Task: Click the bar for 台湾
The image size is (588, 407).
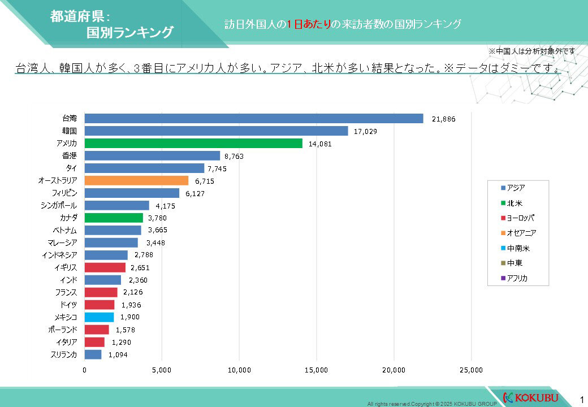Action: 254,118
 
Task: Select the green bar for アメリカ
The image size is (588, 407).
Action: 193,144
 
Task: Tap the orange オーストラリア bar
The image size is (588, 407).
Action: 136,181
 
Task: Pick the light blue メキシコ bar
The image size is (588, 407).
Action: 99,317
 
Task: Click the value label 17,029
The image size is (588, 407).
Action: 365,131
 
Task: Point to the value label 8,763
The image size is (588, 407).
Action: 232,157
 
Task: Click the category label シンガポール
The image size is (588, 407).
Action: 59,206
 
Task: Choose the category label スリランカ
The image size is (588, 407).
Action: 64,355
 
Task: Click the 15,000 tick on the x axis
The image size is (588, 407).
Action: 316,370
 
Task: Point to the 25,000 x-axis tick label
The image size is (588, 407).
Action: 471,370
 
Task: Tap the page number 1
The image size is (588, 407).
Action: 582,397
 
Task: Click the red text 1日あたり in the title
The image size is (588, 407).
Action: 308,24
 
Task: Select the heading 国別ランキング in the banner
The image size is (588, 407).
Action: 129,33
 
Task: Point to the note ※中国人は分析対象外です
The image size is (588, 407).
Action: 531,51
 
